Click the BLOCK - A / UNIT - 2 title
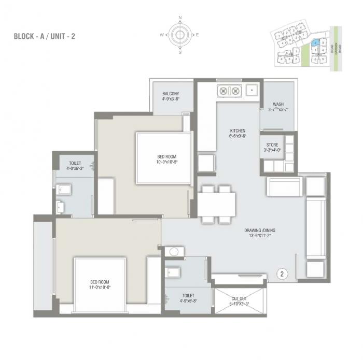pyautogui.click(x=46, y=37)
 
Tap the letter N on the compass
pyautogui.click(x=180, y=18)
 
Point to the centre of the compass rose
pyautogui.click(x=180, y=35)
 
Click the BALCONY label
pyautogui.click(x=170, y=94)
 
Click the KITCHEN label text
pyautogui.click(x=238, y=131)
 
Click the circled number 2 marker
pyautogui.click(x=282, y=272)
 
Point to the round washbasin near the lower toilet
pyautogui.click(x=174, y=252)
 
